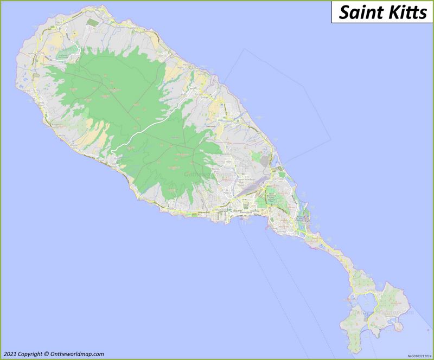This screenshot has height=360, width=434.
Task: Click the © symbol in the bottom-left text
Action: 47,353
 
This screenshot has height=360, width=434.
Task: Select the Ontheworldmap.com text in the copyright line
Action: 76,353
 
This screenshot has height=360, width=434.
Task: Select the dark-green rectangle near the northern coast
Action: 91,22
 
